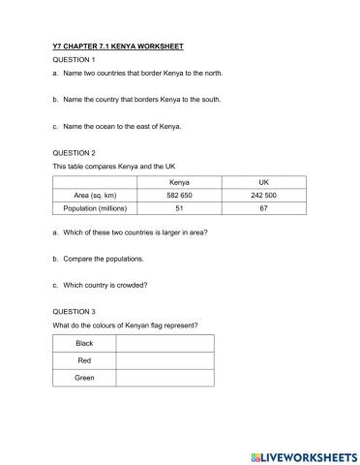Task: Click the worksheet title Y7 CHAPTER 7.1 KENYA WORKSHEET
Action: click(x=117, y=46)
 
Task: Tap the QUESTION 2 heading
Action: click(x=75, y=153)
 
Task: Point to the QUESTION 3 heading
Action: click(x=75, y=312)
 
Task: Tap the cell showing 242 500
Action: click(x=263, y=195)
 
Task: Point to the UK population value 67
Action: click(x=263, y=207)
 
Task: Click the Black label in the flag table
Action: click(x=84, y=344)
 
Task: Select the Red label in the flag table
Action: click(x=84, y=360)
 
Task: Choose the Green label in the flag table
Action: click(x=84, y=377)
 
